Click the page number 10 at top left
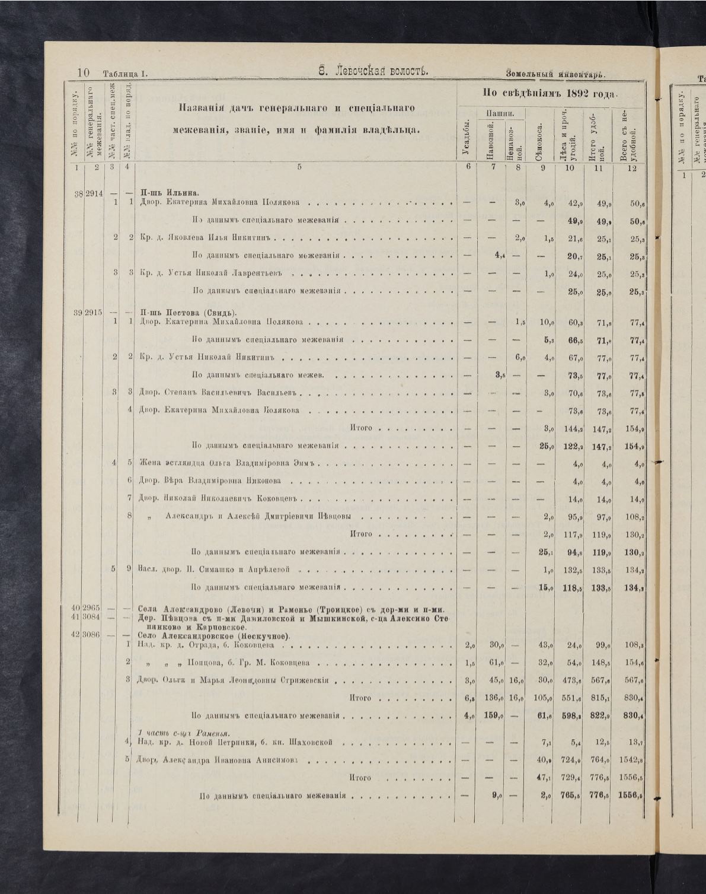83,73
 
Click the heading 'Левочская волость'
373,72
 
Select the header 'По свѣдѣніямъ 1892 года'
550,93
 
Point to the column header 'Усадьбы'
467,140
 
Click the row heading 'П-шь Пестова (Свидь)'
189,313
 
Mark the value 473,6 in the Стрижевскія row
570,680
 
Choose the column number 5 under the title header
299,167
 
